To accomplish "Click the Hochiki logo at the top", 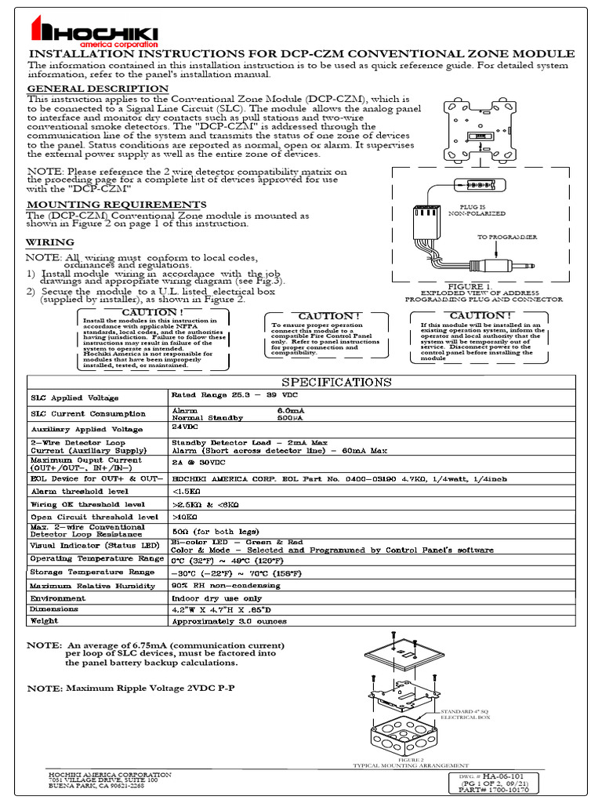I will point(93,32).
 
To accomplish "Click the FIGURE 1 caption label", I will point(469,287).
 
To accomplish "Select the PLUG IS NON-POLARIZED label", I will point(476,209).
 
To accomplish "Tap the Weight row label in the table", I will point(44,621).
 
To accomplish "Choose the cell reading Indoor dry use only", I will point(216,598).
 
